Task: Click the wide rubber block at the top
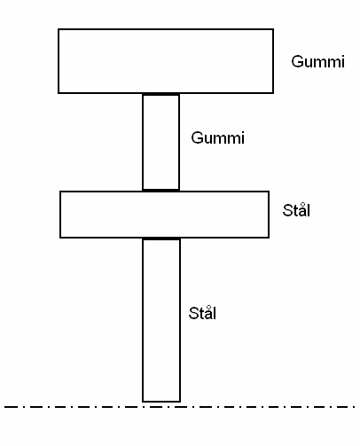(x=166, y=61)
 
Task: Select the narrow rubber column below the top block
(x=160, y=142)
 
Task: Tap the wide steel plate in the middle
(x=164, y=215)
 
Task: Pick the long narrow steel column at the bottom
(x=161, y=320)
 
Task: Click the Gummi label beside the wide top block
(x=317, y=62)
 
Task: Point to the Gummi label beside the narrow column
(x=217, y=138)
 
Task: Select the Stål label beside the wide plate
(x=296, y=210)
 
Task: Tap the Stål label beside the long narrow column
(x=202, y=313)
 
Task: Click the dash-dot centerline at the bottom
(x=180, y=407)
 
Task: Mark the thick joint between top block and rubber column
(x=160, y=94)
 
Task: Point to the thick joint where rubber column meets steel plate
(x=160, y=191)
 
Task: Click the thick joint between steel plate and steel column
(x=161, y=239)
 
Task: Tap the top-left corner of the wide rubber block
(x=59, y=29)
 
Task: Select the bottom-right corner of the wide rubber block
(x=273, y=93)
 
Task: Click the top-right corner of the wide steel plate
(x=269, y=192)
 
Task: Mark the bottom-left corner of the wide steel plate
(x=60, y=238)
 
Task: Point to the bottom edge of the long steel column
(x=161, y=402)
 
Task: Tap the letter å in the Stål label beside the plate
(x=301, y=210)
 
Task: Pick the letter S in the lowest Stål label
(x=194, y=313)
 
